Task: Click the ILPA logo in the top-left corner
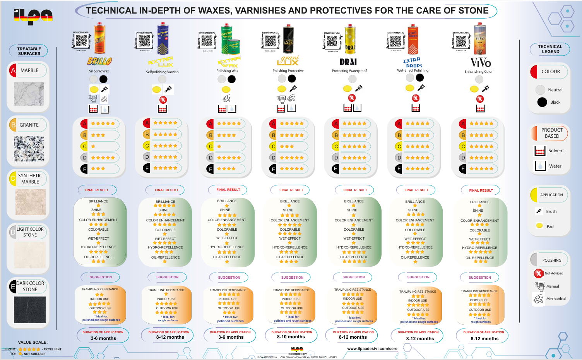tap(33, 16)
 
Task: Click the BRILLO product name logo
tap(99, 61)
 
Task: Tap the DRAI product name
tap(348, 62)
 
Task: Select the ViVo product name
tap(480, 63)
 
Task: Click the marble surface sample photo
tap(29, 94)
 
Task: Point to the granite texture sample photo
tap(29, 149)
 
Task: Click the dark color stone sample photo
tap(30, 310)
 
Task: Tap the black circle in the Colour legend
tap(542, 102)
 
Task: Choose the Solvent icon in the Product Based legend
tap(540, 151)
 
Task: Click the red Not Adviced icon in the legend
tap(538, 274)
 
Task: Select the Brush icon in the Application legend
tap(539, 211)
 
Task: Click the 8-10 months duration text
tap(291, 337)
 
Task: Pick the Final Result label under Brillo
tap(97, 190)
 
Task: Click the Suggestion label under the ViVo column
tap(479, 278)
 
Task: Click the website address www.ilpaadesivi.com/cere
tap(372, 348)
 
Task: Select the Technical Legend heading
tap(550, 49)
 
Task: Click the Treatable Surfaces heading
tap(29, 51)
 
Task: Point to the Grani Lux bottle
tap(288, 39)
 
